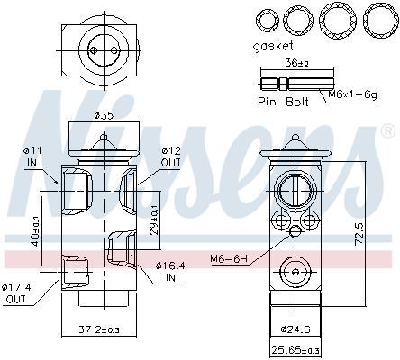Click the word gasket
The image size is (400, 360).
[x=273, y=47]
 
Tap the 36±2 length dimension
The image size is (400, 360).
[x=296, y=64]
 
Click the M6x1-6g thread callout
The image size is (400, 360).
[x=352, y=94]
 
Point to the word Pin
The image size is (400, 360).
[x=267, y=102]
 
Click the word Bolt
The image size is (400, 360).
[x=296, y=102]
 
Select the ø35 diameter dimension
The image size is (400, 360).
[x=104, y=115]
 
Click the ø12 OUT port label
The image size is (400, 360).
[x=170, y=157]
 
